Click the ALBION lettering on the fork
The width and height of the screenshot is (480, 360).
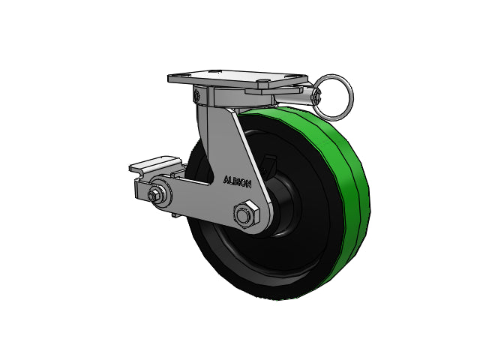tap(238, 181)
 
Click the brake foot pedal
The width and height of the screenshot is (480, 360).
tap(155, 165)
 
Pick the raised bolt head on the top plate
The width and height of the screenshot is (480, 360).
tap(262, 82)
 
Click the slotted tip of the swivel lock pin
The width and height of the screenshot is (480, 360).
tap(317, 96)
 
